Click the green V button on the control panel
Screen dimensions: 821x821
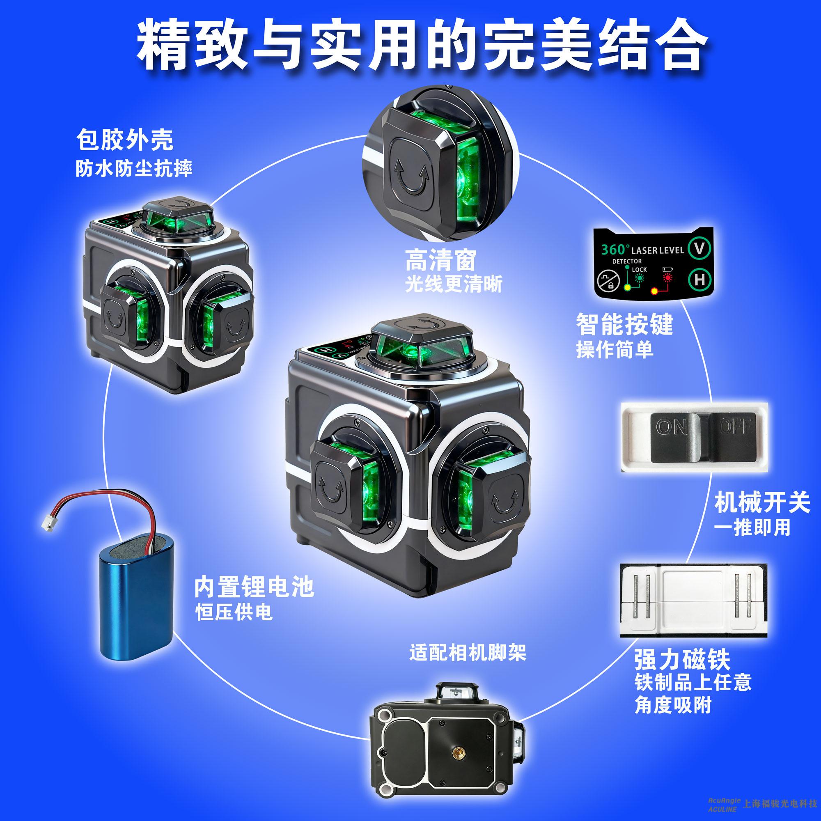699,249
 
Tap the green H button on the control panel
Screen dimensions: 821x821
699,279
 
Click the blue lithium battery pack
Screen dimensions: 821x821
136,597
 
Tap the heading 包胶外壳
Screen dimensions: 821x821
125,140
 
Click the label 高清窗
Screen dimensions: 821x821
440,260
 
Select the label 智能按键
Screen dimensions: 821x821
625,324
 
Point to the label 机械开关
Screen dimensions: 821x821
762,502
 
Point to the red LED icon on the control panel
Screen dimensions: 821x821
668,278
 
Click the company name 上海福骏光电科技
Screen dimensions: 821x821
780,803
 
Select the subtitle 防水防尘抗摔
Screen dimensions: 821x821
134,168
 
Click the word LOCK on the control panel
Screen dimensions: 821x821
639,269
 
